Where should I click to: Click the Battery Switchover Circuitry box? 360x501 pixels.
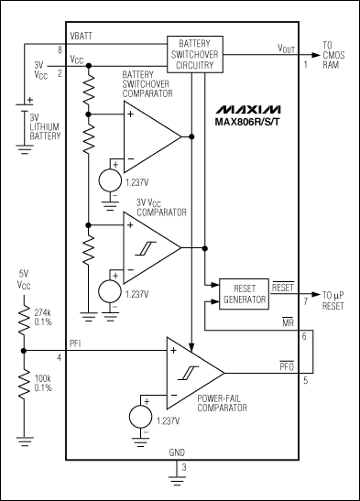193,53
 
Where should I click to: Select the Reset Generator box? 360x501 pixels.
244,293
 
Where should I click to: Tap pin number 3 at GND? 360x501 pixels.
183,468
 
